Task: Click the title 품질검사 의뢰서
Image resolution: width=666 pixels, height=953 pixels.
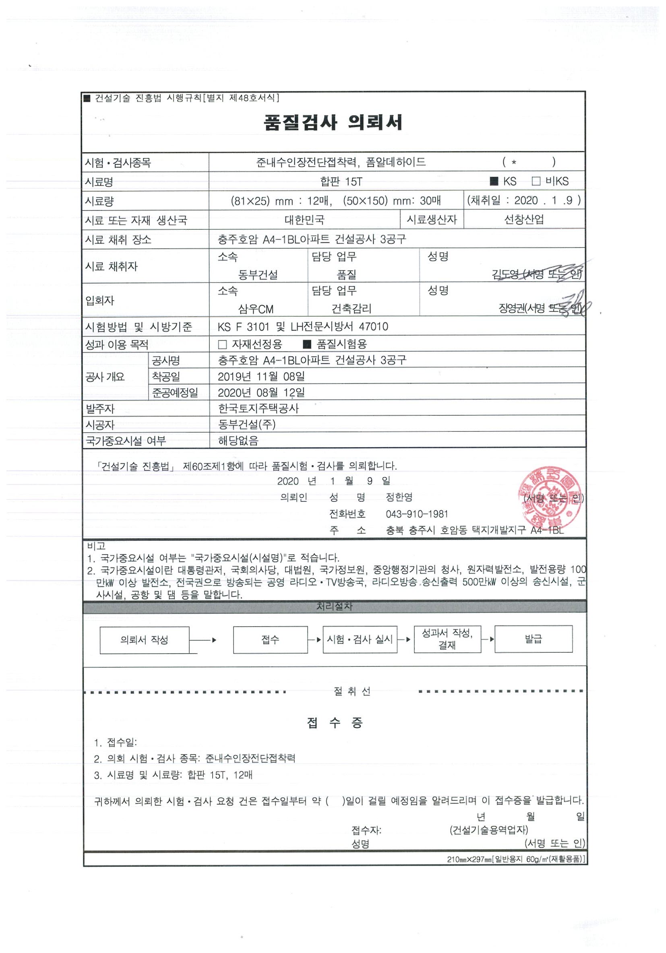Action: pos(333,122)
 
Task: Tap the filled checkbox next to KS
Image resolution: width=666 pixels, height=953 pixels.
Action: pos(494,181)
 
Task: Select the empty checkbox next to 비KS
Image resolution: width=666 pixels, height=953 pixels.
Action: pos(536,181)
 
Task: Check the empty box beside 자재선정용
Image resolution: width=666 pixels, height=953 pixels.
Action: pos(223,344)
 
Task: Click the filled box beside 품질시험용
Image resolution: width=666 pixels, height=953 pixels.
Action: pos(307,344)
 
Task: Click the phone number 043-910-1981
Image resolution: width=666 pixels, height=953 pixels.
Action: pos(417,514)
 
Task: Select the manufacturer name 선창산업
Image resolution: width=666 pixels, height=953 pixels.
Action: pos(523,220)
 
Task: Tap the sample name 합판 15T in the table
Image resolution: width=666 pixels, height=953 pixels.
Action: pos(341,182)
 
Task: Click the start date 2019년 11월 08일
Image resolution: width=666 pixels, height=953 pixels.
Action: pos(261,376)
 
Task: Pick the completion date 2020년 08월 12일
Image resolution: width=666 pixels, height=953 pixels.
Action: pos(261,392)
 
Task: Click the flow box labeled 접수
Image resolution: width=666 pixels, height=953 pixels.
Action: pos(270,639)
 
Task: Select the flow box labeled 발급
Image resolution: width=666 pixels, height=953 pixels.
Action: pos(533,639)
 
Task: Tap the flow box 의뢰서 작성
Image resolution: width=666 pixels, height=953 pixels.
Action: pos(144,639)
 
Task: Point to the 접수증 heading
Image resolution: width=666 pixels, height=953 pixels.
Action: pos(335,723)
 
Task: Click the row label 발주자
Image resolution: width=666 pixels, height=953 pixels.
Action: pos(100,409)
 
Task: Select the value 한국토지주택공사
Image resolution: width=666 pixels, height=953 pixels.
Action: pos(258,408)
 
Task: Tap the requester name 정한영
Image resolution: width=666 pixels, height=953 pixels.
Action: pos(399,497)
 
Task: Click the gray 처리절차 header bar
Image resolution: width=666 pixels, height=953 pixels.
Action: pos(335,606)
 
